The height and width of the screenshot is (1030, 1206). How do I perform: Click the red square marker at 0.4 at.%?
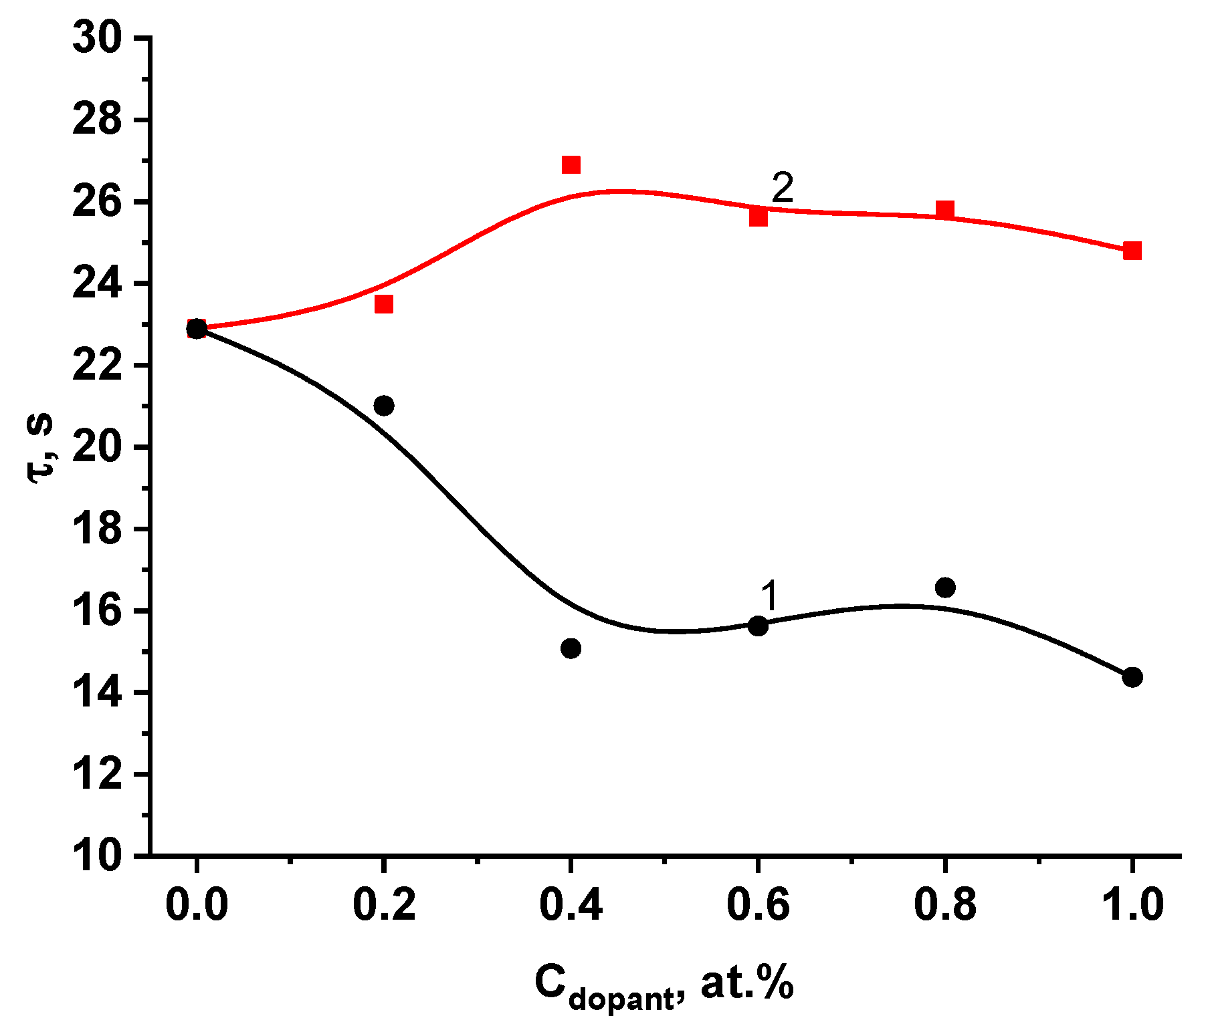pyautogui.click(x=571, y=164)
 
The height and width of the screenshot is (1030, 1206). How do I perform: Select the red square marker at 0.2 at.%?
pyautogui.click(x=383, y=304)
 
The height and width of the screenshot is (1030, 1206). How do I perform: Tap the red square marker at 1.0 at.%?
pyautogui.click(x=1132, y=251)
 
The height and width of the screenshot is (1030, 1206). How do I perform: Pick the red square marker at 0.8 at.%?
pyautogui.click(x=944, y=209)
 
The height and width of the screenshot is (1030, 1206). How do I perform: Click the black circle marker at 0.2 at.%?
pyautogui.click(x=384, y=406)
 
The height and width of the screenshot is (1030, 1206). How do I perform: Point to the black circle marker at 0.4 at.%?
pyautogui.click(x=571, y=648)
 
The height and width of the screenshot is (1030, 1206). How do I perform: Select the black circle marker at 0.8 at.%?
pyautogui.click(x=944, y=588)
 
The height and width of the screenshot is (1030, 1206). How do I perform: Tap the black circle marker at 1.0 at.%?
pyautogui.click(x=1132, y=677)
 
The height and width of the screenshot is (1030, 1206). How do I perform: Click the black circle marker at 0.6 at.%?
pyautogui.click(x=758, y=626)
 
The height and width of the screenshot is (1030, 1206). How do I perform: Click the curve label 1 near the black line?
pyautogui.click(x=770, y=595)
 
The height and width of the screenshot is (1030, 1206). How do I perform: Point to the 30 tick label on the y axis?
pyautogui.click(x=98, y=38)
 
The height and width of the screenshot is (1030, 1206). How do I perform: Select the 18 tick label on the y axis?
pyautogui.click(x=98, y=529)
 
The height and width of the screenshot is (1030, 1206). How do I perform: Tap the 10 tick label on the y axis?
pyautogui.click(x=98, y=856)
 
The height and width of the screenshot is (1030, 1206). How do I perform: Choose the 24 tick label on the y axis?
pyautogui.click(x=98, y=284)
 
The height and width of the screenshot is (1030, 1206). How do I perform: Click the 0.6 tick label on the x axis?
pyautogui.click(x=758, y=905)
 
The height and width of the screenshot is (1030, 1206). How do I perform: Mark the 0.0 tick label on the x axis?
pyautogui.click(x=196, y=905)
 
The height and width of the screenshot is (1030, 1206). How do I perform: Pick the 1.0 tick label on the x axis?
pyautogui.click(x=1132, y=905)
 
